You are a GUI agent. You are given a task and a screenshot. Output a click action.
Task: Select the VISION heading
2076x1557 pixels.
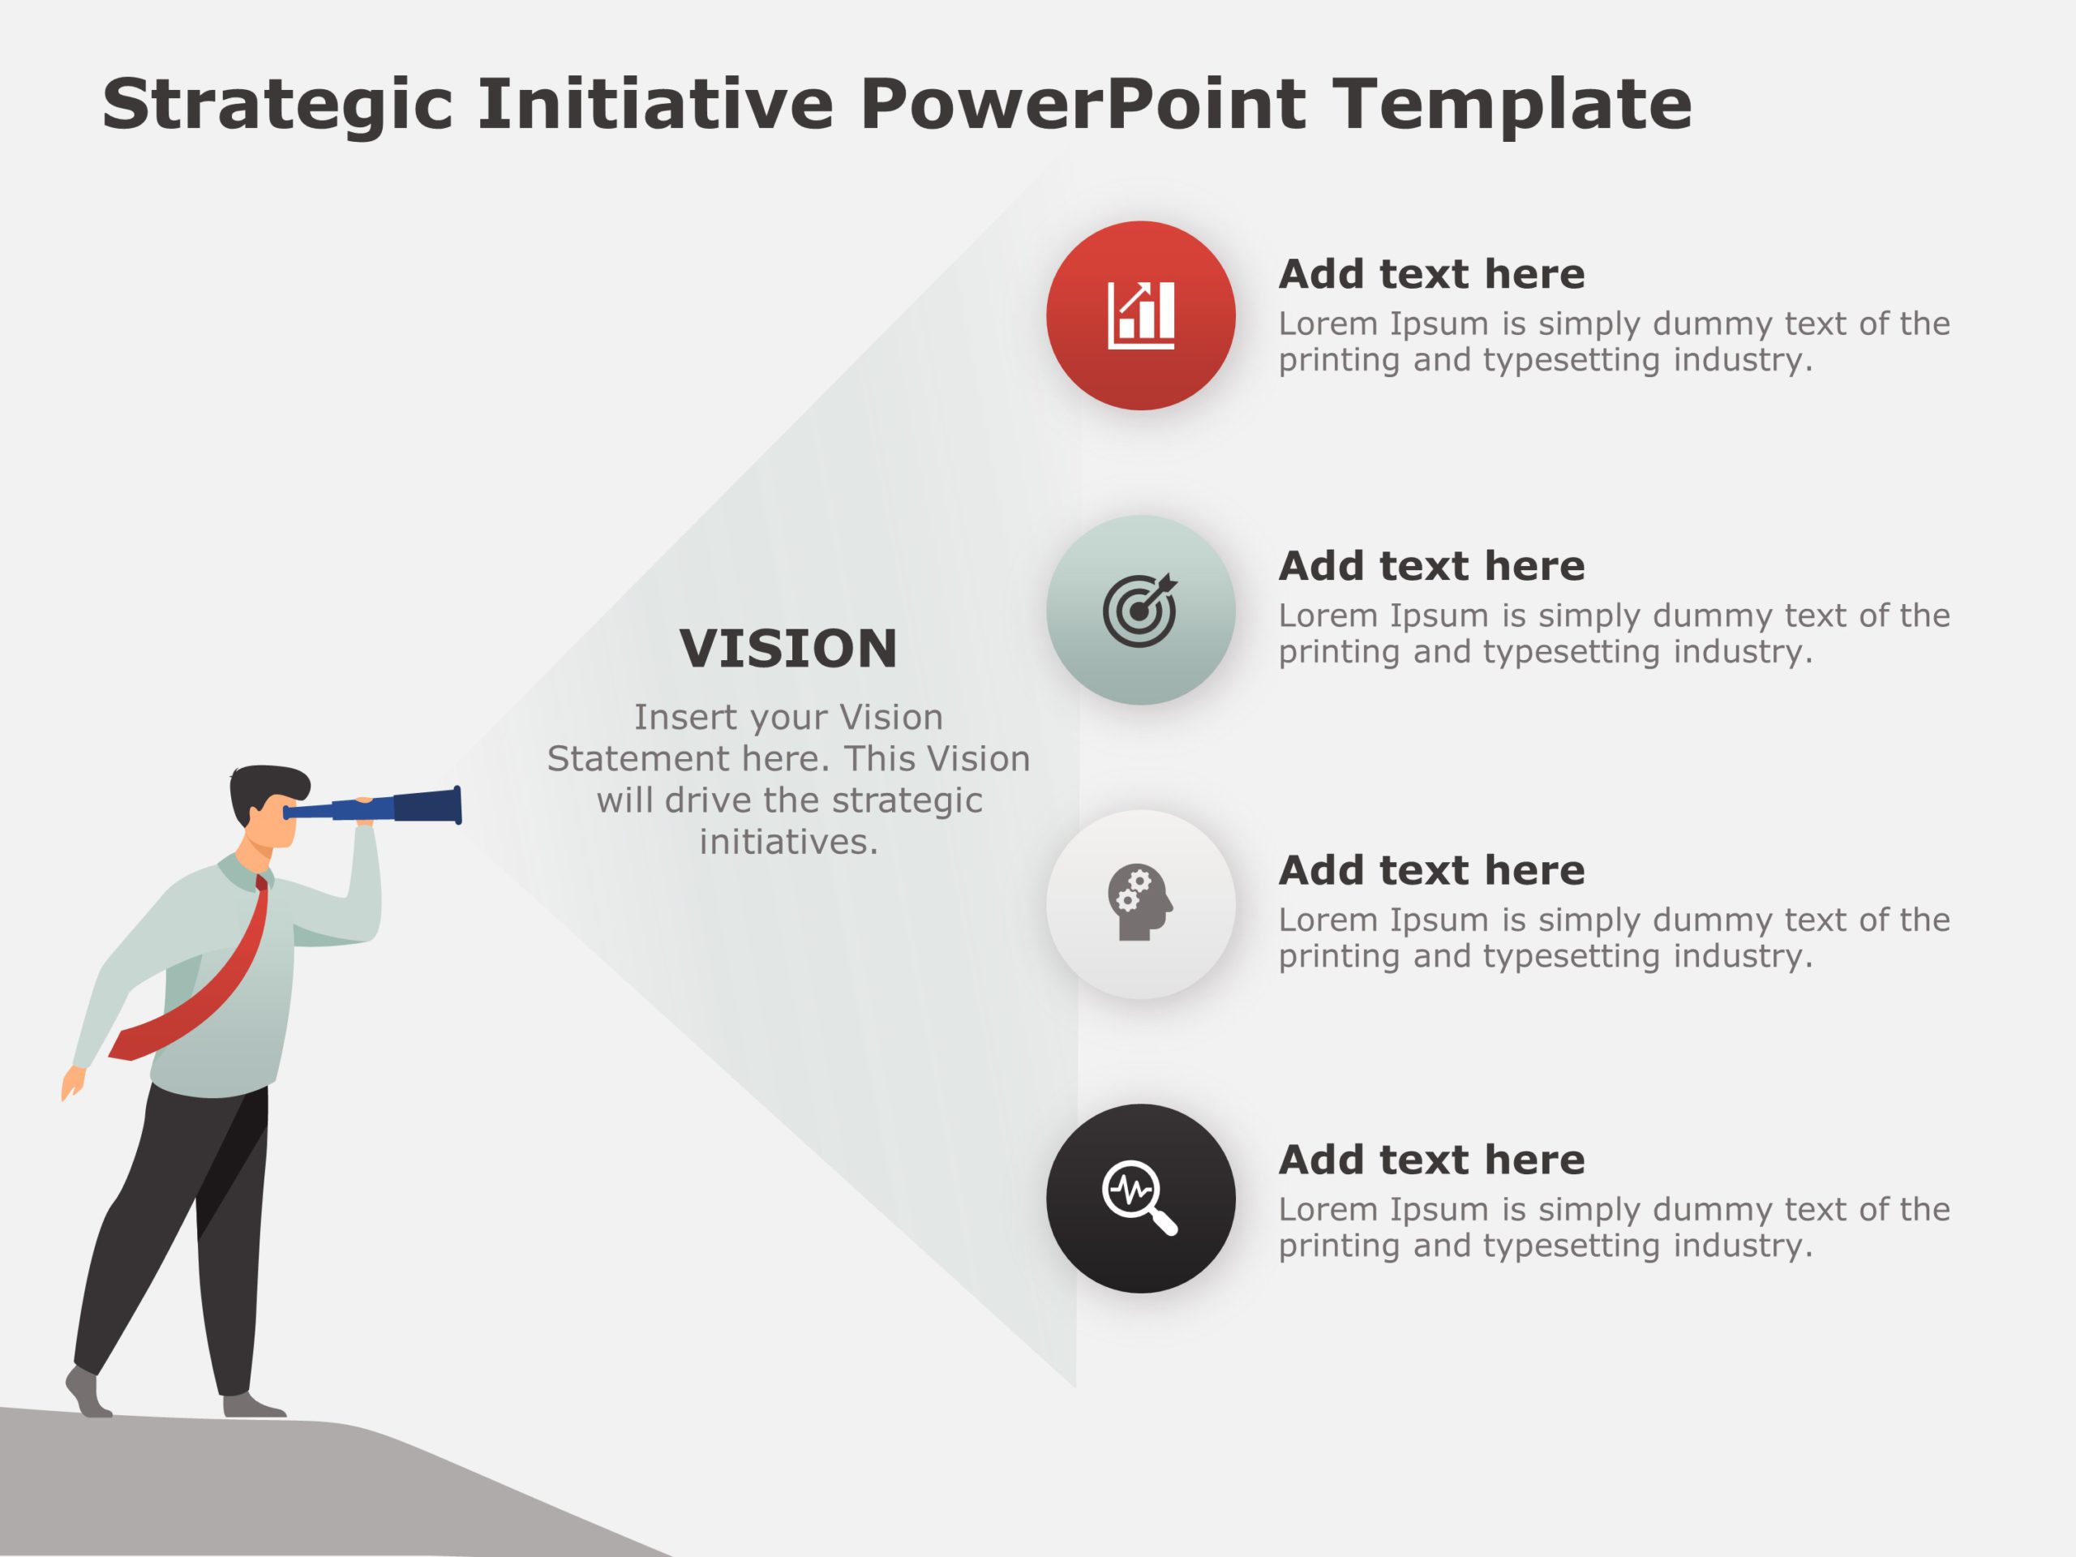pos(788,649)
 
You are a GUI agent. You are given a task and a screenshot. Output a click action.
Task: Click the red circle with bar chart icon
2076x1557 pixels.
pos(1140,315)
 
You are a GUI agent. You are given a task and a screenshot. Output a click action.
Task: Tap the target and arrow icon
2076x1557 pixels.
pos(1139,610)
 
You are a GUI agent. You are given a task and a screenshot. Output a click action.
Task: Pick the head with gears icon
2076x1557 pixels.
pos(1139,903)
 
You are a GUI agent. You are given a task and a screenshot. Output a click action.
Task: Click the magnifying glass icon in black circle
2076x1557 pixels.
pos(1139,1198)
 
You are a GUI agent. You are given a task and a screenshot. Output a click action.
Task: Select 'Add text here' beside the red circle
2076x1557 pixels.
pos(1431,274)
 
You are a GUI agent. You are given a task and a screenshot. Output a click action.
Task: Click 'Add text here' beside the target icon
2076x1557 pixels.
pos(1431,566)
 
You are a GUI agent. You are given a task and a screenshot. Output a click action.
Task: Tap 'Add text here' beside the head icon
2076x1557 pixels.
pos(1431,871)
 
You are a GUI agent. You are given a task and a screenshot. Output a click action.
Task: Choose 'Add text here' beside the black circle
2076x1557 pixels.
pos(1431,1160)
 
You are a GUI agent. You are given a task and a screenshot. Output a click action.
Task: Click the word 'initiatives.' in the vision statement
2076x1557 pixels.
pos(788,842)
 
